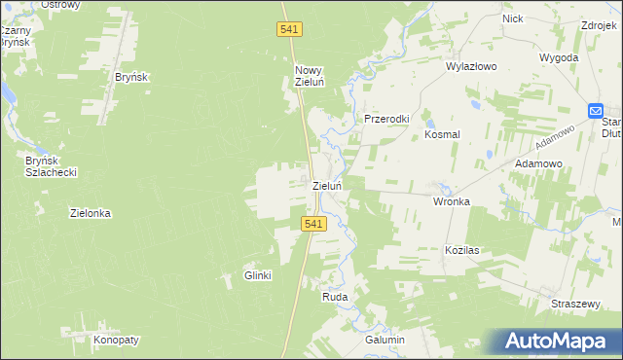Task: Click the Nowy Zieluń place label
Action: pyautogui.click(x=310, y=76)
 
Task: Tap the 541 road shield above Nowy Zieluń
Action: pyautogui.click(x=289, y=31)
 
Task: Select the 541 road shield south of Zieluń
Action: pyautogui.click(x=311, y=224)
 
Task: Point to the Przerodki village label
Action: pyautogui.click(x=387, y=119)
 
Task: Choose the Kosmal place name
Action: pyautogui.click(x=442, y=135)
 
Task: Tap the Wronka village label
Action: pyautogui.click(x=452, y=202)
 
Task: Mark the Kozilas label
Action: pyautogui.click(x=462, y=250)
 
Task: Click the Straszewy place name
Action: pyautogui.click(x=574, y=304)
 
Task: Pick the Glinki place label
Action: pyautogui.click(x=257, y=276)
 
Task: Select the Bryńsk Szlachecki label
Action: pyautogui.click(x=52, y=165)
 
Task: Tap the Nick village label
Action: pyautogui.click(x=512, y=18)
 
